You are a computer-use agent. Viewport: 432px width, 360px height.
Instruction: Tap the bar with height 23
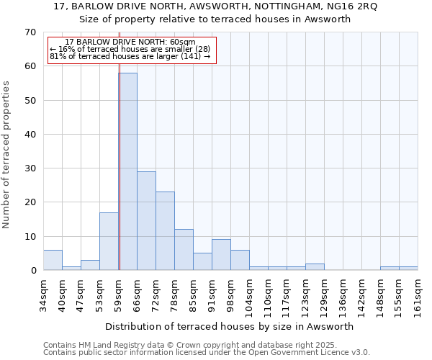pos(165,230)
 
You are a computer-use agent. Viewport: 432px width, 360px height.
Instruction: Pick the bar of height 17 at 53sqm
pos(109,241)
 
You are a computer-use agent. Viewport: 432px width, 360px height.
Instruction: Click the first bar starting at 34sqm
pos(53,260)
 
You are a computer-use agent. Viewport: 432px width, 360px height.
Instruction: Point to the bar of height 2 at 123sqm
pos(315,267)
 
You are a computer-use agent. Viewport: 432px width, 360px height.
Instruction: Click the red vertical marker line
pos(120,180)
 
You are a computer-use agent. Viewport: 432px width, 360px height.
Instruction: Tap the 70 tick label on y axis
pos(30,32)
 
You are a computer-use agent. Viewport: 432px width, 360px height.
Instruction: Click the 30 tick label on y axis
pos(30,168)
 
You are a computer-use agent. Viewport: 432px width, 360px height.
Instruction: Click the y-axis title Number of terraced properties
pos(6,154)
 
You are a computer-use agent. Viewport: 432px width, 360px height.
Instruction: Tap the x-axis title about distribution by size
pos(230,326)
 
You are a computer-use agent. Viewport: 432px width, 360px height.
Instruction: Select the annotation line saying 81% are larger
pos(130,56)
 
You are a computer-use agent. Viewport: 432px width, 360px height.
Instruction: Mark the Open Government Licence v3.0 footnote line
pos(207,353)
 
